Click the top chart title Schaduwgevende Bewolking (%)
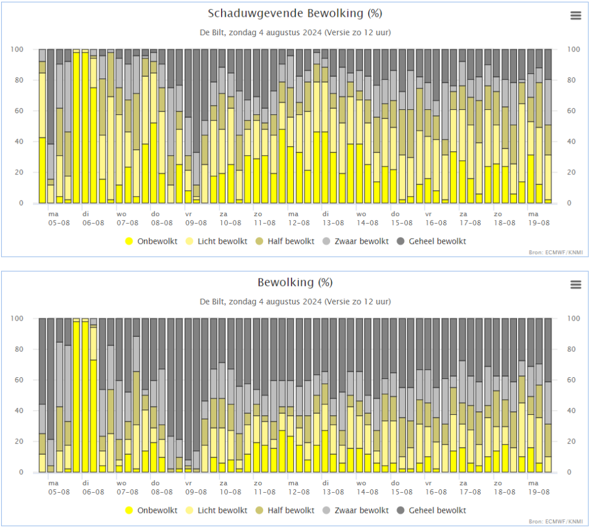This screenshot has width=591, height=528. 295,14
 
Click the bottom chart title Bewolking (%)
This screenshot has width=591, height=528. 295,282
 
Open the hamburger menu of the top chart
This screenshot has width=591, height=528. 575,16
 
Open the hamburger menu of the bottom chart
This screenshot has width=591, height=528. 575,284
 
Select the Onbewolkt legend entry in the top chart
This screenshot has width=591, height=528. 151,241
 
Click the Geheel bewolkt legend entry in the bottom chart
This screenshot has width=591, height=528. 432,510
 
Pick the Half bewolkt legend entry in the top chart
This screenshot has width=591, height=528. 285,241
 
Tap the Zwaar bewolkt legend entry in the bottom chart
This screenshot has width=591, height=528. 356,510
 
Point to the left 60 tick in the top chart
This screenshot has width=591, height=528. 19,111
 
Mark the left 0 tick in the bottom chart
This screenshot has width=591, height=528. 21,472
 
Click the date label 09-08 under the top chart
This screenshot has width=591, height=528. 196,223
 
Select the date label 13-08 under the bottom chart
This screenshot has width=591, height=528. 333,492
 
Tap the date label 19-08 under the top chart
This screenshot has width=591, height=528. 538,223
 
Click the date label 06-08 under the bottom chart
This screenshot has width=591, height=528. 93,492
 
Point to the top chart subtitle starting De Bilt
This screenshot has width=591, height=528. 295,32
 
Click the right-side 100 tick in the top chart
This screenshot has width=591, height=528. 573,50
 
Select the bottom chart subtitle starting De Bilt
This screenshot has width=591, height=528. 295,302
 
